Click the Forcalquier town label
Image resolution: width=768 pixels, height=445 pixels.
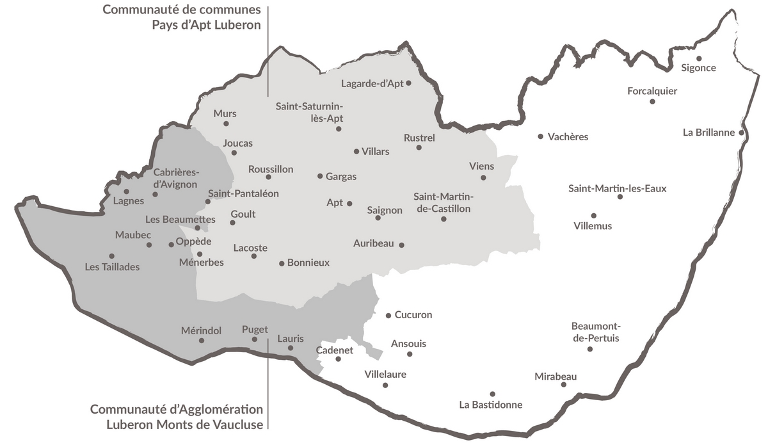pyautogui.click(x=652, y=91)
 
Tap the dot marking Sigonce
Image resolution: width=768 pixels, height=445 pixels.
pyautogui.click(x=699, y=58)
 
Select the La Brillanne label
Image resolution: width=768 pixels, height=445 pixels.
pyautogui.click(x=709, y=133)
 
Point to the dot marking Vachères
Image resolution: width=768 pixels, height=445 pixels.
pyautogui.click(x=541, y=136)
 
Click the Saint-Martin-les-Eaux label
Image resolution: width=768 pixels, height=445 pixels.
pyautogui.click(x=608, y=188)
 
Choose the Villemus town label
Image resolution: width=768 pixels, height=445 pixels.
pyautogui.click(x=593, y=226)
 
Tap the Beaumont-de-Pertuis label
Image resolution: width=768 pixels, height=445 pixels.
pyautogui.click(x=596, y=332)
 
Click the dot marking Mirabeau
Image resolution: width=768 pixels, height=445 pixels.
pyautogui.click(x=564, y=384)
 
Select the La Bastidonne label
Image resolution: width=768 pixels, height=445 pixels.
pyautogui.click(x=491, y=405)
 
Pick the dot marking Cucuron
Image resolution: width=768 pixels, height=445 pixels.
pyautogui.click(x=388, y=316)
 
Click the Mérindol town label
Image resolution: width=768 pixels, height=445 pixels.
pyautogui.click(x=201, y=330)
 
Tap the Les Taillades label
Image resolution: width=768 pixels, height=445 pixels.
pyautogui.click(x=112, y=267)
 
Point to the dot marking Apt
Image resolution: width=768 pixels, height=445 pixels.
pyautogui.click(x=349, y=204)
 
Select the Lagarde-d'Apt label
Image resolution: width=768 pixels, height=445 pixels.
pyautogui.click(x=372, y=83)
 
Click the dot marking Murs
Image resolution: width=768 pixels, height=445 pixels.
pyautogui.click(x=226, y=124)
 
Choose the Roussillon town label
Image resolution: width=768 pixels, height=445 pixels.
pyautogui.click(x=271, y=169)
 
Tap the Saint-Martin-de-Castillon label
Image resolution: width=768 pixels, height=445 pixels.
pyautogui.click(x=442, y=202)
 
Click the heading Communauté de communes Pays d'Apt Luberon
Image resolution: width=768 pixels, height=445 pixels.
pyautogui.click(x=182, y=17)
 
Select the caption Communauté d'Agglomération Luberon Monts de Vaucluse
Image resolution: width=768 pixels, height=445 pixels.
pyautogui.click(x=177, y=416)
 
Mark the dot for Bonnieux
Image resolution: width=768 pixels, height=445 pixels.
pyautogui.click(x=282, y=263)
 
